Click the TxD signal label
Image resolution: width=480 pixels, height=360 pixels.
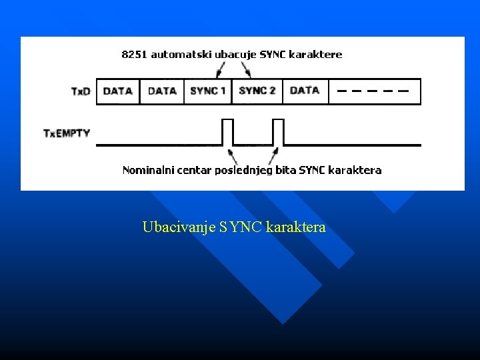point(81,91)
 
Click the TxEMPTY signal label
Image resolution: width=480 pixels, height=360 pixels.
point(67,133)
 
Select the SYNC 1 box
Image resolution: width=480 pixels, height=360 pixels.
point(208,91)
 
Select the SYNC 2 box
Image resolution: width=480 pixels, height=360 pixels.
point(257,91)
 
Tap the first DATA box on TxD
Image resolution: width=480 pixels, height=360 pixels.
point(118,91)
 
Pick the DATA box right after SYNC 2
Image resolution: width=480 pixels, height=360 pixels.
point(305,91)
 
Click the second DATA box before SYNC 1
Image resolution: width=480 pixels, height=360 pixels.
point(162,91)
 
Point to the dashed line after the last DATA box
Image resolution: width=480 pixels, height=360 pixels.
point(373,91)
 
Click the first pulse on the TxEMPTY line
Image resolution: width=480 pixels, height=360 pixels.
point(227,131)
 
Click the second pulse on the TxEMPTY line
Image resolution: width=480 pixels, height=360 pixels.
point(279,131)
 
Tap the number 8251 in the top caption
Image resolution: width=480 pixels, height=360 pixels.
point(135,55)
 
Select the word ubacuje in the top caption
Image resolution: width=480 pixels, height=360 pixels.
point(231,55)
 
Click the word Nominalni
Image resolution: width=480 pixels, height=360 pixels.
point(147,170)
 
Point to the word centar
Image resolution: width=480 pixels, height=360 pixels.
point(194,170)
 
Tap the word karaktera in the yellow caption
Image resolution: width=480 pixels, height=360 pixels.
point(295,228)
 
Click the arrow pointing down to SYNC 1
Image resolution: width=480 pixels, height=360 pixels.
point(219,68)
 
